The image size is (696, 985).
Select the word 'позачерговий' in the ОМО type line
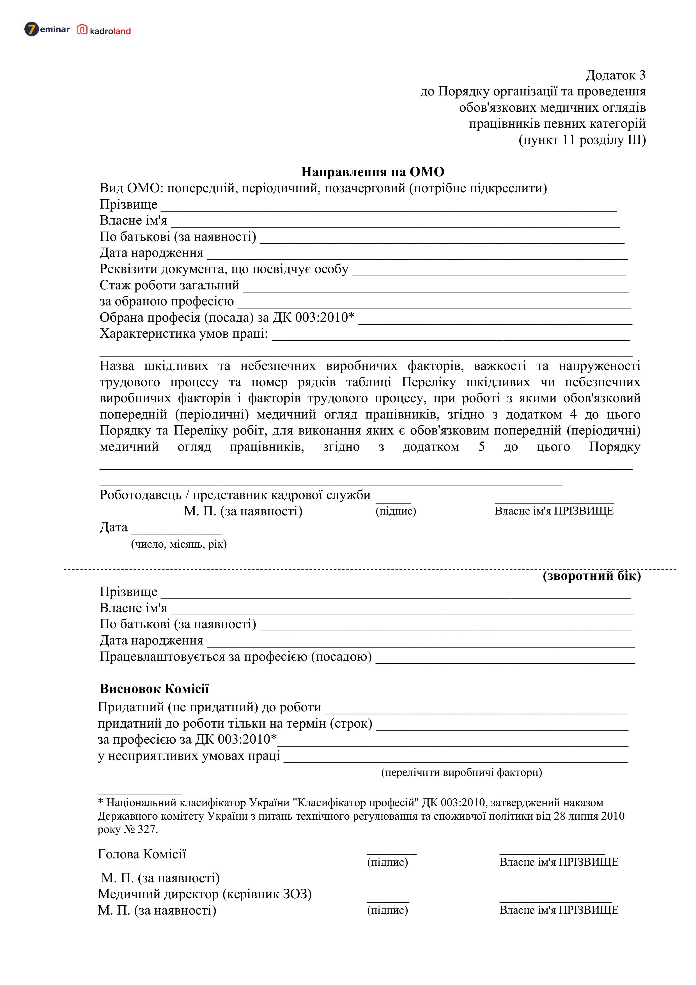364,188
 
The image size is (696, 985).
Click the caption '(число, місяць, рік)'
179,544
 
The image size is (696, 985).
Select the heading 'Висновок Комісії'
154,689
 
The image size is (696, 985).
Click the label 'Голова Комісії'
142,854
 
